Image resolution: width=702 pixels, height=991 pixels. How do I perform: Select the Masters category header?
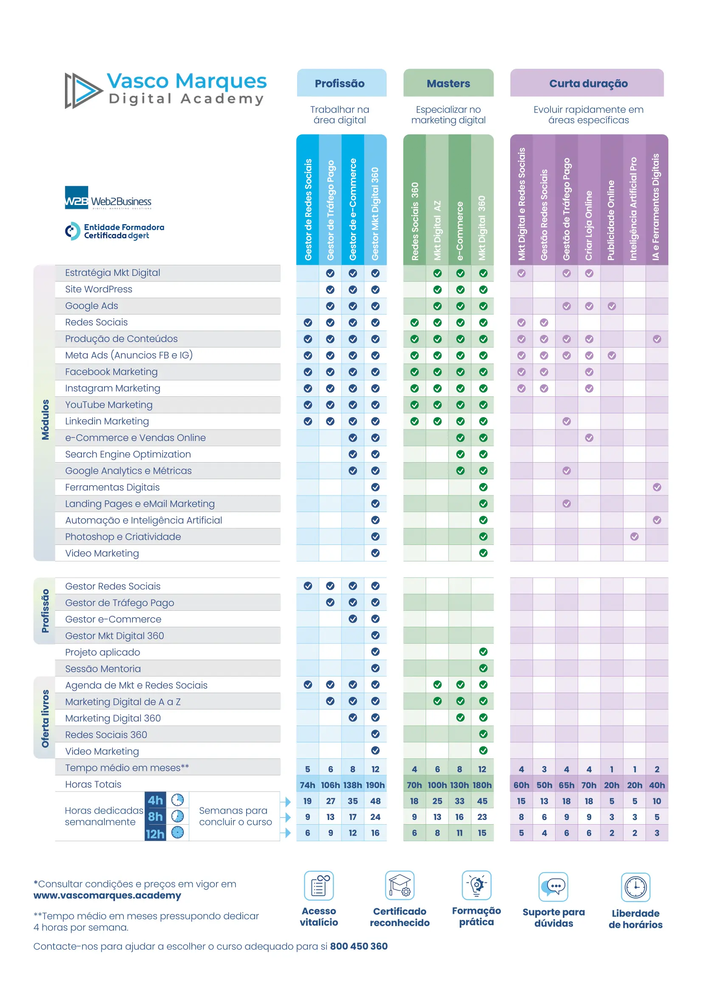pyautogui.click(x=448, y=83)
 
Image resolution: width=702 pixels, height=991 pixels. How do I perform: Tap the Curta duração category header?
pyautogui.click(x=588, y=83)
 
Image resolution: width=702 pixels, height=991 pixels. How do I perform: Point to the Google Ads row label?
pyautogui.click(x=91, y=306)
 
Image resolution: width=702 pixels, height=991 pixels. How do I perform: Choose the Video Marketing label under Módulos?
pyautogui.click(x=102, y=553)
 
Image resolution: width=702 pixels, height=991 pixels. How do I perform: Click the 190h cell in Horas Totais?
pyautogui.click(x=375, y=785)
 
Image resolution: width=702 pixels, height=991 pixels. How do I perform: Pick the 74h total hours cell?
pyautogui.click(x=307, y=785)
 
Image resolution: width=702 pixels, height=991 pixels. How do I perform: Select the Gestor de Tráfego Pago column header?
pyautogui.click(x=330, y=210)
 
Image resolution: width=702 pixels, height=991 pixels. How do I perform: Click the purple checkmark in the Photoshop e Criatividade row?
pyautogui.click(x=634, y=537)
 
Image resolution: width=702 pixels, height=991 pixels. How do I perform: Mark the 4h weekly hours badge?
pyautogui.click(x=156, y=800)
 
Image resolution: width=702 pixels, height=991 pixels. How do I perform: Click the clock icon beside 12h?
pyautogui.click(x=178, y=832)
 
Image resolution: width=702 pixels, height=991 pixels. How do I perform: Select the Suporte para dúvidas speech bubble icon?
pyautogui.click(x=553, y=887)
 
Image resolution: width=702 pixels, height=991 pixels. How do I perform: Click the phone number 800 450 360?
pyautogui.click(x=358, y=946)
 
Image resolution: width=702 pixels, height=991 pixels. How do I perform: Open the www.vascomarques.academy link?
pyautogui.click(x=107, y=896)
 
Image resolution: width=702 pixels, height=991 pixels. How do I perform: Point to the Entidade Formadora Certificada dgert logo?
pyautogui.click(x=115, y=231)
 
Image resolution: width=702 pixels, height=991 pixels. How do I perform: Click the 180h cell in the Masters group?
pyautogui.click(x=482, y=785)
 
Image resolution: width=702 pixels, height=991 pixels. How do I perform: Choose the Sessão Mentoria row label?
pyautogui.click(x=103, y=668)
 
